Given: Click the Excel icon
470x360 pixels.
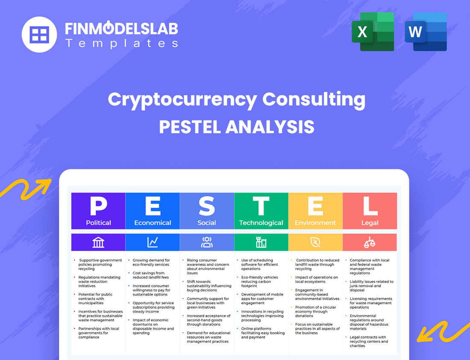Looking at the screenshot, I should (373, 32).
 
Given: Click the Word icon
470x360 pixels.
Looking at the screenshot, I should (426, 32).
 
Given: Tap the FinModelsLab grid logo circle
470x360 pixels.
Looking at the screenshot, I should (39, 34).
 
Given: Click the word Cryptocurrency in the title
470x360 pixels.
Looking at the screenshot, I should (182, 100).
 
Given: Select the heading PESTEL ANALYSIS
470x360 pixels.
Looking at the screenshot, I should (237, 127).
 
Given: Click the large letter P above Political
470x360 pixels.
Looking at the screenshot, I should (98, 207).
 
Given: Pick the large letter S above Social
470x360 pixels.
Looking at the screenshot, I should (207, 207).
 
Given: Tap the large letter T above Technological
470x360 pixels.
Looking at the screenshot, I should (261, 207).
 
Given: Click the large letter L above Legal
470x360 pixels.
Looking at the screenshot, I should (370, 207).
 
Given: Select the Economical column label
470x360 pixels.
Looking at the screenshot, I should (153, 223).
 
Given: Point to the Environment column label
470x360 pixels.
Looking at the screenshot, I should (315, 223).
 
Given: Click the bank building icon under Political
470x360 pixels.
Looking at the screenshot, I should (98, 242).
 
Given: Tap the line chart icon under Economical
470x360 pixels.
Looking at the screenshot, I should (153, 242).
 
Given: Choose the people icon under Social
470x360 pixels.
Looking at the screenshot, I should (207, 242).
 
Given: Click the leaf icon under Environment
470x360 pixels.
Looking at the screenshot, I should (315, 242).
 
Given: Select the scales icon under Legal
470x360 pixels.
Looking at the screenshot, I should (370, 242).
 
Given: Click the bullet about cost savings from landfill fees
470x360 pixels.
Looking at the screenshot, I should (149, 275).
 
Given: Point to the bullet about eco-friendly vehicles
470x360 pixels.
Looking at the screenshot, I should (259, 280).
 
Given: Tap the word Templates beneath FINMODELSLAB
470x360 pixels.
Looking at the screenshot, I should (121, 43).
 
